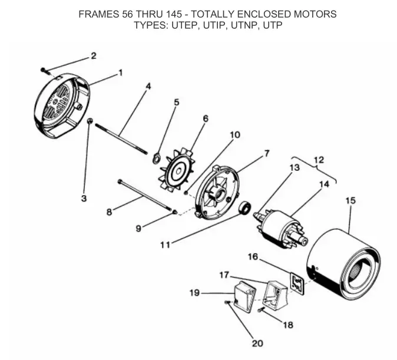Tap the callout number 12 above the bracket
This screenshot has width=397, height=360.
click(x=319, y=160)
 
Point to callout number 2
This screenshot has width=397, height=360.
click(x=93, y=57)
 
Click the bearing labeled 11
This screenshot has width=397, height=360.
click(x=246, y=207)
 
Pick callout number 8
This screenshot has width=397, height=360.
click(x=109, y=212)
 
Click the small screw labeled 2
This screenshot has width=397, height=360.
click(x=45, y=70)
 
